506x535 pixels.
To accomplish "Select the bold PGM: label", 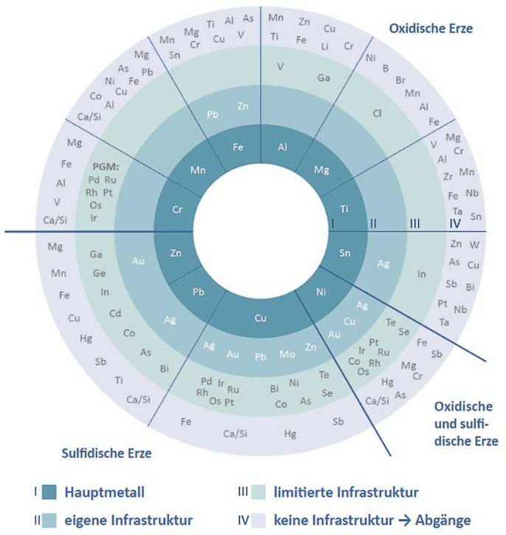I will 106,166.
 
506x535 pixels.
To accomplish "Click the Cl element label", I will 377,114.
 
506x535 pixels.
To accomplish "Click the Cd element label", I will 115,312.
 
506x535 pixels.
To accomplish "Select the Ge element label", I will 99,273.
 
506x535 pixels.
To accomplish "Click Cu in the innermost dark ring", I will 260,318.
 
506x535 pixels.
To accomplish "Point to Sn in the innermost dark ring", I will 344,253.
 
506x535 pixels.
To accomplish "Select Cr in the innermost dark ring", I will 177,210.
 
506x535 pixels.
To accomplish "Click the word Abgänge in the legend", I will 441,519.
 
